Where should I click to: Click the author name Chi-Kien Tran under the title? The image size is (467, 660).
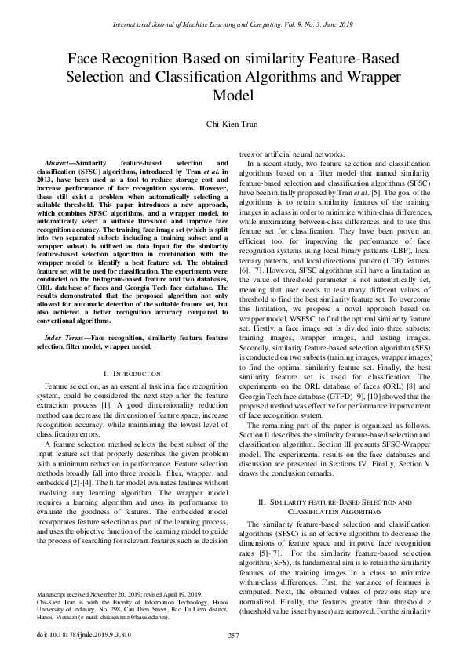point(233,124)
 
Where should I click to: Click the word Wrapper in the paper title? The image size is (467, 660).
point(374,77)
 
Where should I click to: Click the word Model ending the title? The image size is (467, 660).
point(233,96)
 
